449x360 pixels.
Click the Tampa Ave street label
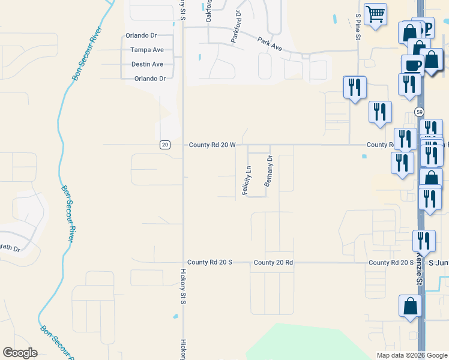click(147, 50)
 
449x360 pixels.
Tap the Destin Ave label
click(147, 64)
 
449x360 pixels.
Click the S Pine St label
click(358, 28)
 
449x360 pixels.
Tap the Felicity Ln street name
click(246, 179)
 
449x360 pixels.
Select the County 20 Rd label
click(273, 262)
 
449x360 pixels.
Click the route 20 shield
click(165, 145)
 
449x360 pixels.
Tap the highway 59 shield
click(419, 112)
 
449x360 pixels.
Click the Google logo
click(20, 352)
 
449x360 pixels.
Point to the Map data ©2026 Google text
click(411, 355)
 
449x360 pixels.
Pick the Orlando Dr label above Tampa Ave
click(141, 35)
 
